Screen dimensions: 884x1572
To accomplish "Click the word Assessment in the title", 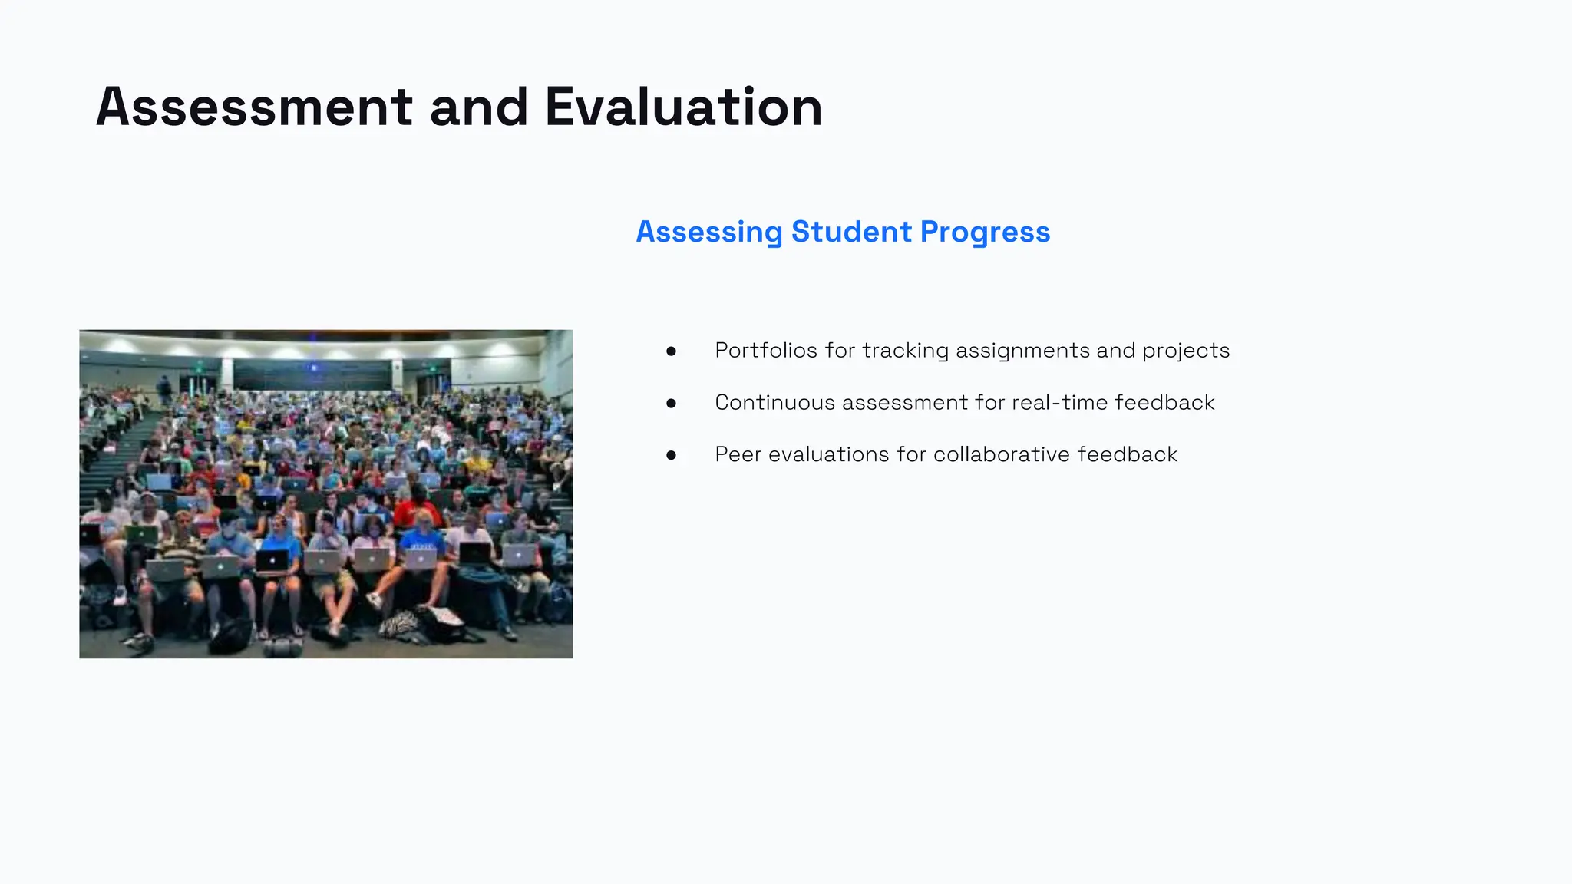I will [x=254, y=107].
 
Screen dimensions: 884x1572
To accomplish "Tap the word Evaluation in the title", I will [x=683, y=107].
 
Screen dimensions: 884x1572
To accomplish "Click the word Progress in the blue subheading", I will [x=985, y=232].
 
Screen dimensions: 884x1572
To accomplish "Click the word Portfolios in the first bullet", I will [x=765, y=351].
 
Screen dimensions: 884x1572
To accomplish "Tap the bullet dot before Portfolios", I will [x=672, y=351].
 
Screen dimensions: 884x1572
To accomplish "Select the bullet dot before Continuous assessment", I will [x=672, y=403].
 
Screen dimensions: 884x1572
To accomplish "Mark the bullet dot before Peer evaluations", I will [x=672, y=455].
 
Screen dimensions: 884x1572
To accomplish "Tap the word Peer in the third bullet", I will [x=738, y=454].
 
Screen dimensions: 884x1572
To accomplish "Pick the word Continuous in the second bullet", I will [x=774, y=403].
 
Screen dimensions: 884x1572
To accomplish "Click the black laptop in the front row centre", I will [x=272, y=562].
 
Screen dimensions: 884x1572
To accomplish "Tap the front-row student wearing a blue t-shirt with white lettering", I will [x=423, y=542].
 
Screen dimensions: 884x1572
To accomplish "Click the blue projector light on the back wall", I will [x=314, y=368].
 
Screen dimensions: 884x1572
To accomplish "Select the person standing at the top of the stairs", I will [x=163, y=390].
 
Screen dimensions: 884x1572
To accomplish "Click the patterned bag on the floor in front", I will [x=399, y=623].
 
